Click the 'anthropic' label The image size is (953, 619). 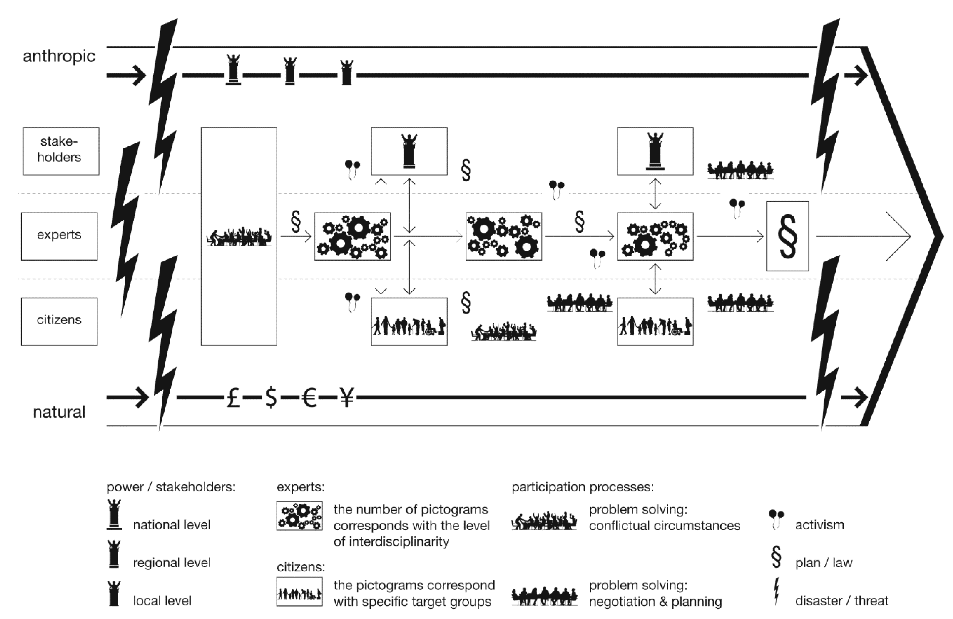59,56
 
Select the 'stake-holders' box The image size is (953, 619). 61,151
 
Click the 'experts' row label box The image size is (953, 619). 59,236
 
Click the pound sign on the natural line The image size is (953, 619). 233,398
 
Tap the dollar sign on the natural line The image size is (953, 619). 271,398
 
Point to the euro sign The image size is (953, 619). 309,398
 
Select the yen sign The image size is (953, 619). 347,398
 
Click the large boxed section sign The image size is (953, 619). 787,236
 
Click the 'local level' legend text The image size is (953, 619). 162,601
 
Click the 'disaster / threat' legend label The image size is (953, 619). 841,601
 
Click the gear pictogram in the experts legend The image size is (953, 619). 300,516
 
